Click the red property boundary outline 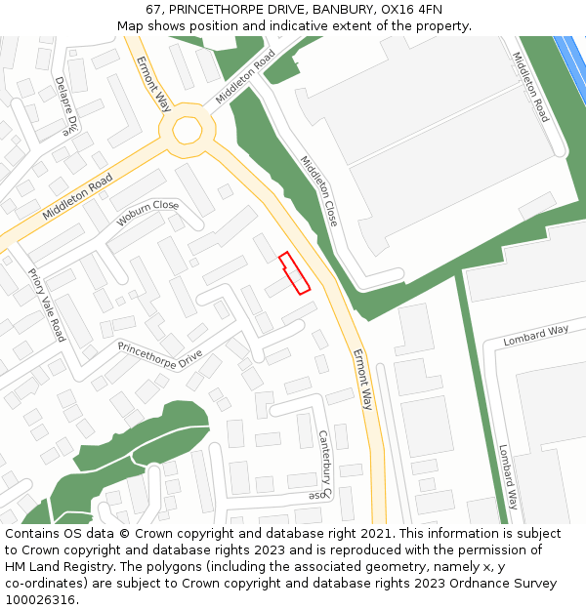click(x=295, y=273)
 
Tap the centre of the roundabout click(x=187, y=131)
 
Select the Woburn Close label click(x=147, y=213)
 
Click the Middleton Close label click(x=318, y=191)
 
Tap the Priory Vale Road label click(x=46, y=305)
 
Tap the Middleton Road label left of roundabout click(x=77, y=196)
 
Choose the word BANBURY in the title click(x=343, y=10)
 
